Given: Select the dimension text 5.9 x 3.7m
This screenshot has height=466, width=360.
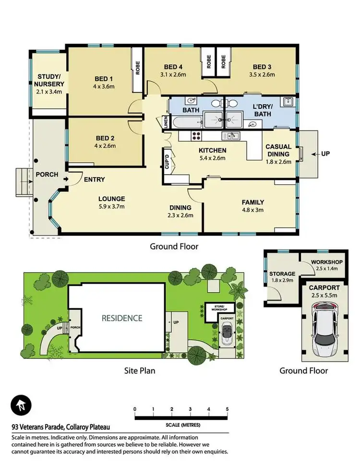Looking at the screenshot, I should [111, 207].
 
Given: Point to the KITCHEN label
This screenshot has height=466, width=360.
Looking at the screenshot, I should [213, 150].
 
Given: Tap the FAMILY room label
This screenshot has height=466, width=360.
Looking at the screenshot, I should [253, 202].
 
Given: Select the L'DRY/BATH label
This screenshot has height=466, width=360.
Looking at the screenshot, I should [262, 110].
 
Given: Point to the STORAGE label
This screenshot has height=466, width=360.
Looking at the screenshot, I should [282, 274].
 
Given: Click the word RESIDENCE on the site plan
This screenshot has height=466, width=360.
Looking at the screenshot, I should [121, 318].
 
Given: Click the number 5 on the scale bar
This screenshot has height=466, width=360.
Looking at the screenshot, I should [227, 409].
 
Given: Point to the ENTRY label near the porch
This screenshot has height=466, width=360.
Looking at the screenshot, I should [95, 179].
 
